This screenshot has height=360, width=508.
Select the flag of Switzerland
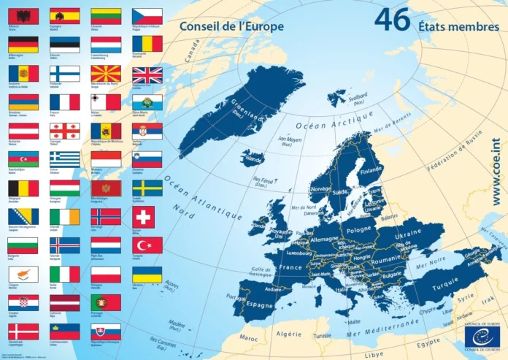pos(143,216)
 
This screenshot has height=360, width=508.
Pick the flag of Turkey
pos(147,245)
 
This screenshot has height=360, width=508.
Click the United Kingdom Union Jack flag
pos(147,74)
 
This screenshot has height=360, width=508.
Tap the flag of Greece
pos(65,159)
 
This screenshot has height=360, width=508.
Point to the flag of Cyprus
pos(23,274)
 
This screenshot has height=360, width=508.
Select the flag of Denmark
pos(23,331)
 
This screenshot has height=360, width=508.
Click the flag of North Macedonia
pos(106,74)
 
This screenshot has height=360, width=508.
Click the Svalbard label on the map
pos(357,97)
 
